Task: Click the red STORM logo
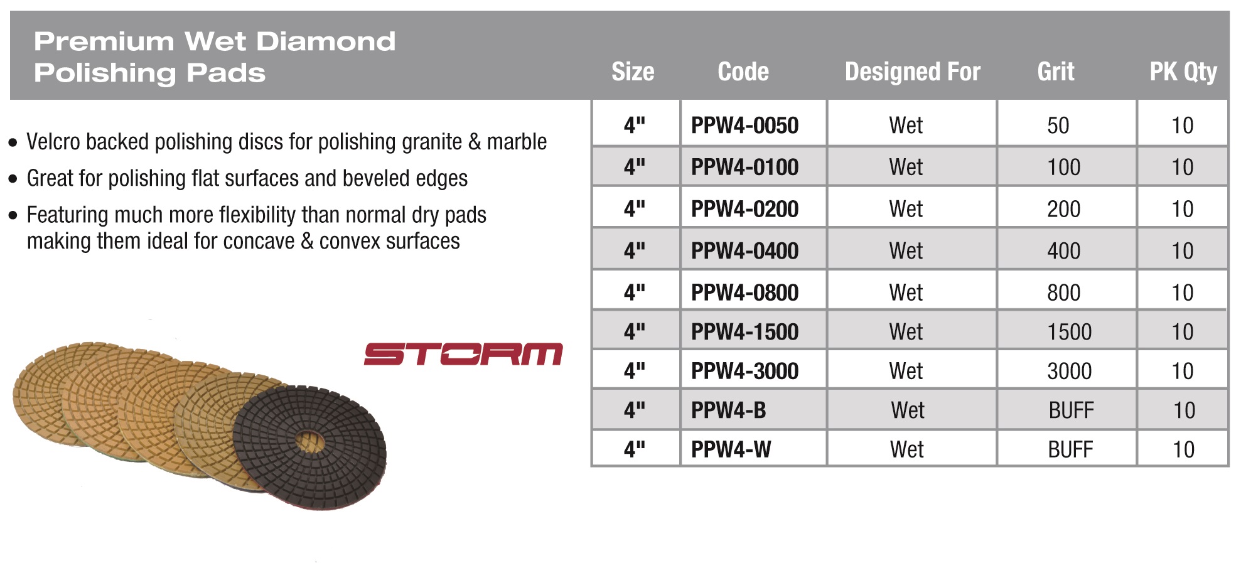(463, 353)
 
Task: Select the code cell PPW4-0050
(744, 126)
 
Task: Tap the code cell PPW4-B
(728, 410)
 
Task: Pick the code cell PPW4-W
(731, 449)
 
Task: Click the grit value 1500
(1069, 332)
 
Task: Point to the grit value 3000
(1069, 371)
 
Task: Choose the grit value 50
(1058, 126)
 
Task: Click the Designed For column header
(912, 72)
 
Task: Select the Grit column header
(1056, 72)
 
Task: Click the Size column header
(633, 72)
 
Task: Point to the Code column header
(743, 72)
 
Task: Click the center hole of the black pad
(308, 442)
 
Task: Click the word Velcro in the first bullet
(53, 142)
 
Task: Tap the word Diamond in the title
(326, 42)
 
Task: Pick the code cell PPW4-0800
(744, 292)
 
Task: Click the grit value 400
(1063, 251)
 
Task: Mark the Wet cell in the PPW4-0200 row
(906, 209)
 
